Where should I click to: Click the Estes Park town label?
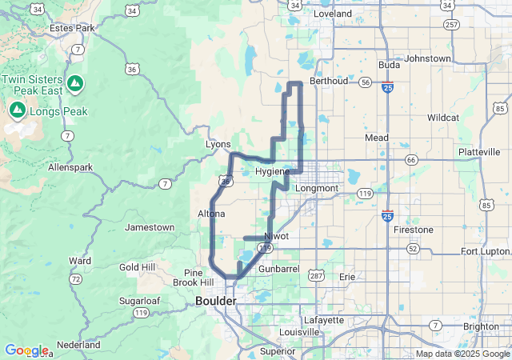(72, 28)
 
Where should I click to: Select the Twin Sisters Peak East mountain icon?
(74, 82)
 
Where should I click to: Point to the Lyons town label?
(218, 144)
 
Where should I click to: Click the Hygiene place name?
(272, 172)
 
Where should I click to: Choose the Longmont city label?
(318, 188)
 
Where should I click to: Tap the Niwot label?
(276, 236)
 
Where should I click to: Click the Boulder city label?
(216, 301)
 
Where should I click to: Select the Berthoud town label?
(329, 81)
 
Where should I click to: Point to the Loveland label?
(333, 14)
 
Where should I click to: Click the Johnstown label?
(428, 58)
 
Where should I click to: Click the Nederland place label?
(78, 344)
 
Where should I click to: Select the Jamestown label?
(150, 227)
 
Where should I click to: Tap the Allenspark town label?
(70, 168)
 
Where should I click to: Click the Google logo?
(26, 350)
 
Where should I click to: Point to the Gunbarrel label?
(278, 270)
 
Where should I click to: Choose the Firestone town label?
(414, 230)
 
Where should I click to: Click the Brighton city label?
(481, 326)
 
